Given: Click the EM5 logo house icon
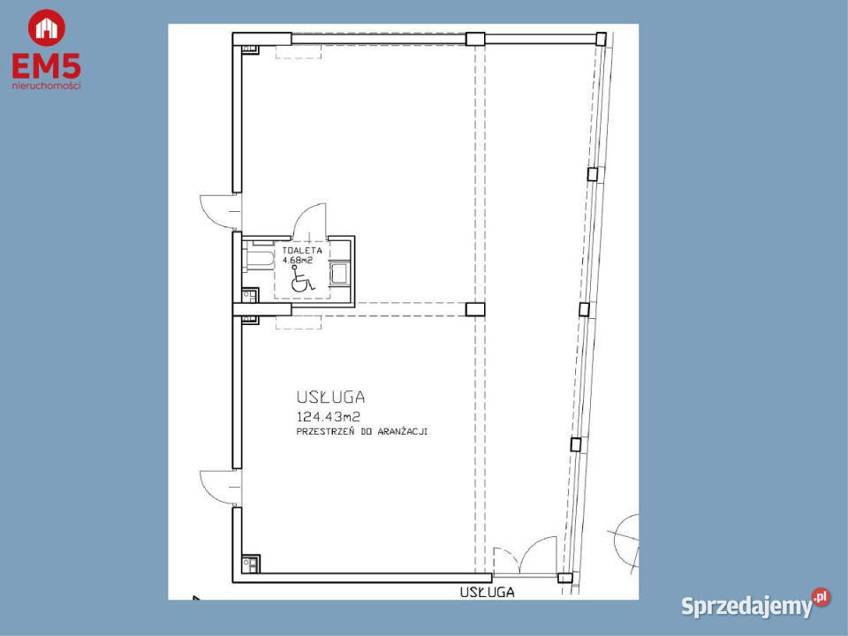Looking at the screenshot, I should tap(46, 27).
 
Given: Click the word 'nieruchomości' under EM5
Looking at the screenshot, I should tap(46, 86).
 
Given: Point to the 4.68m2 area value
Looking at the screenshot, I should tap(299, 261).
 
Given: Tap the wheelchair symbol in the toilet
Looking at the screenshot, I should tap(300, 283).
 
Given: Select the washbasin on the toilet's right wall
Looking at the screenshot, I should tap(338, 273).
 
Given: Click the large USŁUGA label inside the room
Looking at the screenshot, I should tap(331, 397).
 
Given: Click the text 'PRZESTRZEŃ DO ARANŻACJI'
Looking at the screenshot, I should tap(362, 433).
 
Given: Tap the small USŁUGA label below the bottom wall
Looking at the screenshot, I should tap(486, 593).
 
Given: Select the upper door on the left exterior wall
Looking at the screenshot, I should tap(216, 209).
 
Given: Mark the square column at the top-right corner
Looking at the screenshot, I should tap(601, 38).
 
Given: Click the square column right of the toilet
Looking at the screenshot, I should tap(475, 309).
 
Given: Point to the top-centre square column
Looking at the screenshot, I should tap(475, 38).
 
